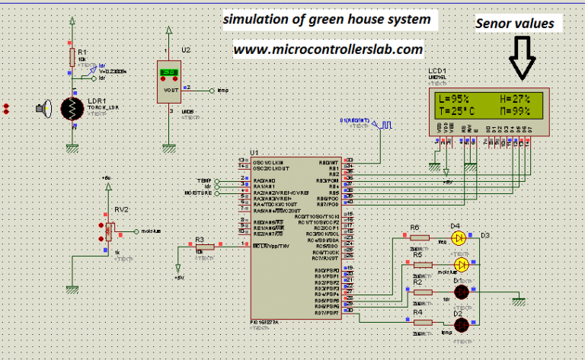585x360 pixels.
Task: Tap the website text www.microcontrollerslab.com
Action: (x=328, y=49)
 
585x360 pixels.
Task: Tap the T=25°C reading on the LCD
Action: (x=457, y=111)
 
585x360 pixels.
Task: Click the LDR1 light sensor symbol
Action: (x=74, y=109)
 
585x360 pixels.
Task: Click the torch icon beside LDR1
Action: (x=43, y=109)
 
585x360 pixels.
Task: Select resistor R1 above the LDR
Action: (x=73, y=58)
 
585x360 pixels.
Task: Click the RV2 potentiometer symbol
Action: (x=110, y=230)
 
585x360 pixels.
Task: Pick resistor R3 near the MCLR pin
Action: (x=200, y=246)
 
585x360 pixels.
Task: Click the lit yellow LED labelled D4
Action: (x=459, y=238)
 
